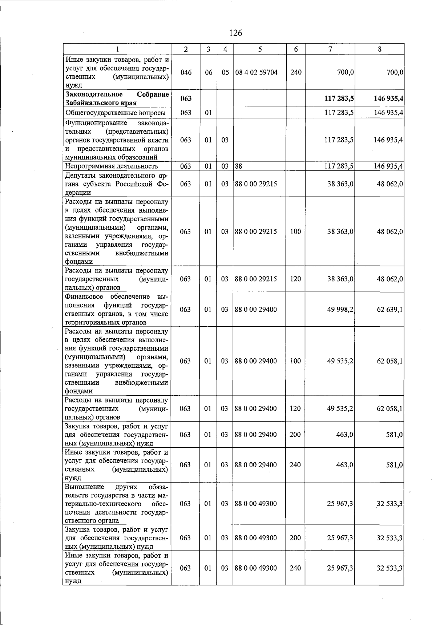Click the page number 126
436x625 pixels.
click(x=235, y=33)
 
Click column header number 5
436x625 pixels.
click(x=260, y=49)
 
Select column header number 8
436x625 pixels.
click(x=379, y=49)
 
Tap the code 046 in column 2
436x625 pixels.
click(x=186, y=72)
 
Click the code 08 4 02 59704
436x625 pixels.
click(x=257, y=72)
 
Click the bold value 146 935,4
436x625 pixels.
click(x=388, y=99)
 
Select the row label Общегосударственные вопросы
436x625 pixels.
click(x=115, y=113)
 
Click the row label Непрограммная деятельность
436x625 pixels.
click(x=112, y=166)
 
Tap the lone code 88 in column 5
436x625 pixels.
click(x=239, y=166)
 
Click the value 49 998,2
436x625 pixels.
click(x=340, y=310)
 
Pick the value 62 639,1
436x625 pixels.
click(x=389, y=310)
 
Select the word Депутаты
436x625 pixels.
click(x=80, y=176)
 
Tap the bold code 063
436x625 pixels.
click(x=186, y=99)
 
